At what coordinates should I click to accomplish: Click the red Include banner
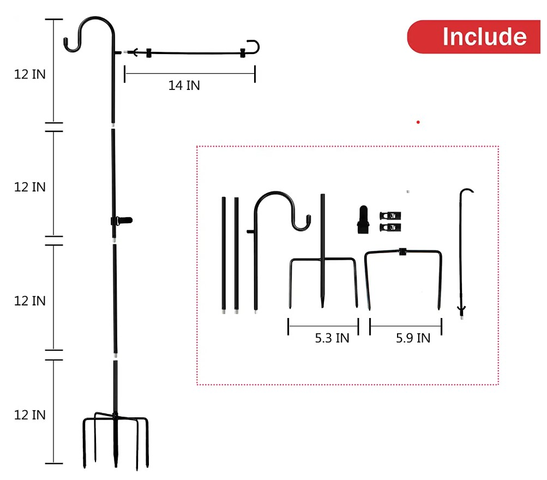pyautogui.click(x=474, y=37)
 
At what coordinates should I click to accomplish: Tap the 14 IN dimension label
pyautogui.click(x=184, y=85)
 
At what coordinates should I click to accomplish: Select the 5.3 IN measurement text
pyautogui.click(x=332, y=338)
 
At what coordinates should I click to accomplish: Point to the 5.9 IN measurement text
pyautogui.click(x=413, y=338)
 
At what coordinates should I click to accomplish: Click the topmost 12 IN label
pyautogui.click(x=30, y=74)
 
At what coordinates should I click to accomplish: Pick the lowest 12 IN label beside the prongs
pyautogui.click(x=30, y=415)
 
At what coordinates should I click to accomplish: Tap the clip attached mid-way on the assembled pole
pyautogui.click(x=121, y=221)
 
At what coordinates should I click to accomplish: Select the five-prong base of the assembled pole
pyautogui.click(x=116, y=439)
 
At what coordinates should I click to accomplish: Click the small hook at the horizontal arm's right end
pyautogui.click(x=253, y=47)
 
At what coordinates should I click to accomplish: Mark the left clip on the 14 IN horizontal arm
pyautogui.click(x=148, y=53)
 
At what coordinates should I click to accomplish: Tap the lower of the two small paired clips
pyautogui.click(x=389, y=226)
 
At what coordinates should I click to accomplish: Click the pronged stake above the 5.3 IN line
pyautogui.click(x=322, y=262)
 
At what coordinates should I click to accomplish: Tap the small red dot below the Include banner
pyautogui.click(x=418, y=122)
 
